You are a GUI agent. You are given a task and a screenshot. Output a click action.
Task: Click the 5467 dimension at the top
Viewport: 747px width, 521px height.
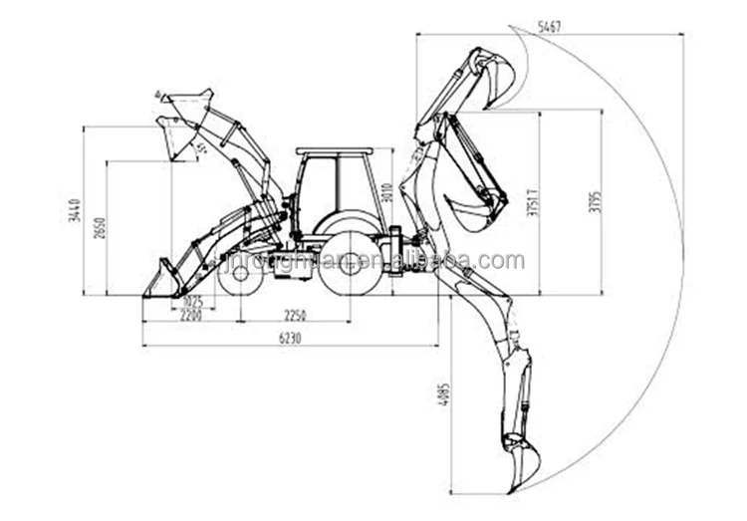coord(549,27)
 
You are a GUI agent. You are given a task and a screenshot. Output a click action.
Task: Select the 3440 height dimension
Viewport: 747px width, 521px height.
coord(75,210)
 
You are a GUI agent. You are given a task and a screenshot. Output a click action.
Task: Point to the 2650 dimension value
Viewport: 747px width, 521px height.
coord(99,227)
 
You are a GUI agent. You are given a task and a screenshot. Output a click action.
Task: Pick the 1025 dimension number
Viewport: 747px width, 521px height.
coord(192,301)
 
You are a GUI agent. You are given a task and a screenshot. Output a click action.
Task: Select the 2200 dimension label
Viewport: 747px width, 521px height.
coord(191,315)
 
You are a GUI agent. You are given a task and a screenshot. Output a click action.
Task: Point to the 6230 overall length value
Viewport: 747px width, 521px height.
coord(288,339)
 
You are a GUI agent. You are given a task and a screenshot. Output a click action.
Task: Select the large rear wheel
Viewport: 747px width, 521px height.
coord(351,263)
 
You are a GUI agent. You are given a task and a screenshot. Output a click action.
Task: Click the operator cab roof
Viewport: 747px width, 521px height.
coord(335,151)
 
